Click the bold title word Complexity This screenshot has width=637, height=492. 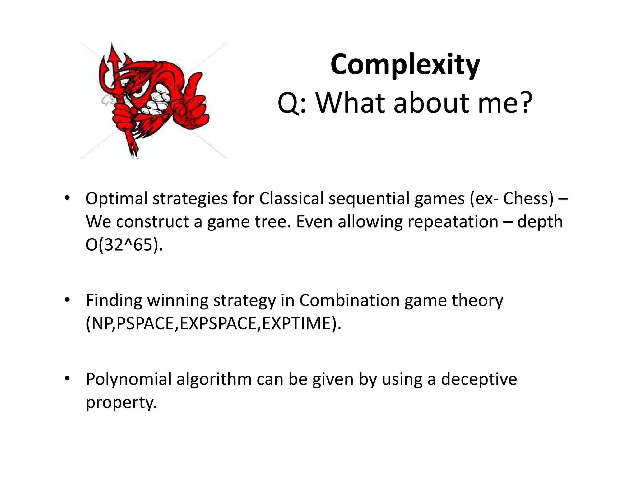click(405, 65)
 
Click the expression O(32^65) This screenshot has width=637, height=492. click(124, 245)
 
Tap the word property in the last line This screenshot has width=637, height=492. click(121, 402)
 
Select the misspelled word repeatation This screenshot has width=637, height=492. click(453, 222)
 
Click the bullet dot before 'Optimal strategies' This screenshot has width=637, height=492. click(67, 198)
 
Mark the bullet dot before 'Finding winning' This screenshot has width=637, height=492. click(67, 300)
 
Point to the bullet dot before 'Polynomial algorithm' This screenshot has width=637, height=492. click(67, 379)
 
